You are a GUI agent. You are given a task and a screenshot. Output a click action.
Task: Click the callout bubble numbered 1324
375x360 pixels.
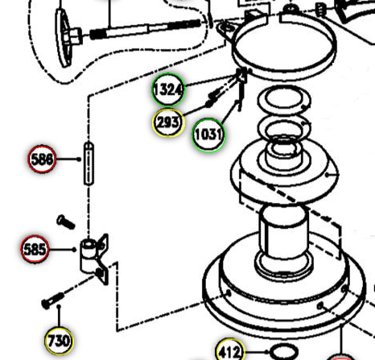pyautogui.click(x=168, y=89)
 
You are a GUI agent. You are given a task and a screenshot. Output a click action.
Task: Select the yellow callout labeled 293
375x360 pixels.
pyautogui.click(x=168, y=122)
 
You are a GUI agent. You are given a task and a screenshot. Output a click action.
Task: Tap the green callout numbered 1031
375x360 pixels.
pyautogui.click(x=208, y=134)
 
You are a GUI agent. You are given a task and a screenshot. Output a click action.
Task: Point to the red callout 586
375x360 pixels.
pyautogui.click(x=42, y=159)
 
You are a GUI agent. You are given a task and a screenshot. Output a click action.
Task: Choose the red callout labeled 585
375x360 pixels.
pyautogui.click(x=35, y=249)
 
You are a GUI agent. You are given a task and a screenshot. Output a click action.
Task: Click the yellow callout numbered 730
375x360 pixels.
pyautogui.click(x=59, y=341)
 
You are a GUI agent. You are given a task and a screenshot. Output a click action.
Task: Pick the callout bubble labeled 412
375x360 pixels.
pyautogui.click(x=230, y=350)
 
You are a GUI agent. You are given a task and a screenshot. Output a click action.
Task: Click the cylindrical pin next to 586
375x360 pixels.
pyautogui.click(x=89, y=163)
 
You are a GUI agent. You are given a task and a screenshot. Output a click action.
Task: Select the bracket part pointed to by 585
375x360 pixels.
pyautogui.click(x=94, y=259)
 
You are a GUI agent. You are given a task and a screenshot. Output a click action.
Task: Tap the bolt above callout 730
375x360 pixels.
pyautogui.click(x=52, y=300)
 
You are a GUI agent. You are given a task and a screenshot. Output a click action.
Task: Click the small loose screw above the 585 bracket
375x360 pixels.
pyautogui.click(x=65, y=222)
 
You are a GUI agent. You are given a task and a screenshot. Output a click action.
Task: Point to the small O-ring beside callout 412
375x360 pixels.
pyautogui.click(x=283, y=352)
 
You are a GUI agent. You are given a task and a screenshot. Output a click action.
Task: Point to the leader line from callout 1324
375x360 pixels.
pyautogui.click(x=211, y=81)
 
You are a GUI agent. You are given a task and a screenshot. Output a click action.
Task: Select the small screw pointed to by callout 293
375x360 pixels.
pyautogui.click(x=215, y=94)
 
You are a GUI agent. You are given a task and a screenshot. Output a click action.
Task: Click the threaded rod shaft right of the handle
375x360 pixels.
pyautogui.click(x=145, y=29)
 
